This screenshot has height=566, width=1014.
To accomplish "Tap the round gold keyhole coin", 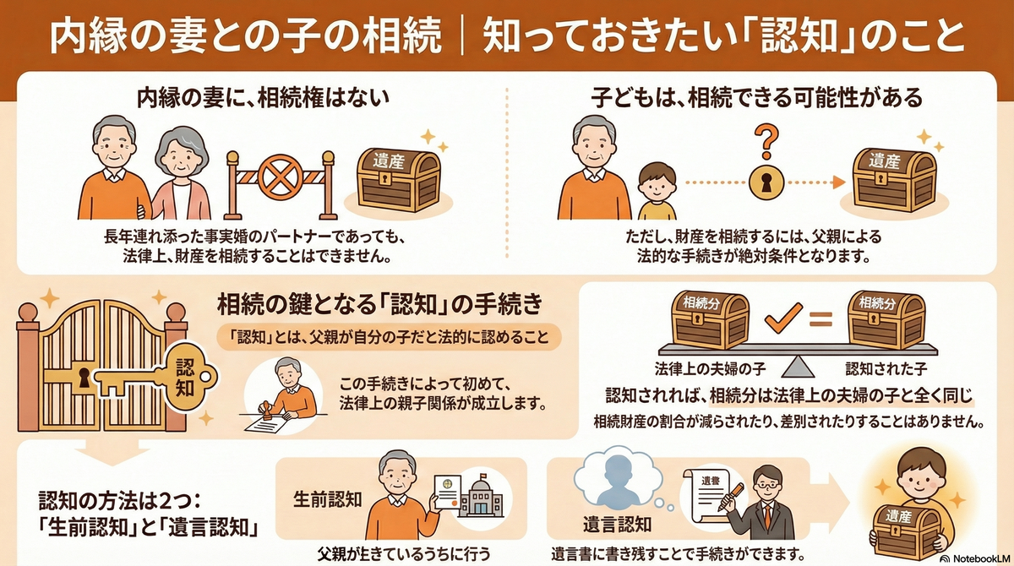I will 765,182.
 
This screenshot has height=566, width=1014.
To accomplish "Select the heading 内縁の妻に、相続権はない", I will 263,99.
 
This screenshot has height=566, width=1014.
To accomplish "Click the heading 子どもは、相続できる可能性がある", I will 756,99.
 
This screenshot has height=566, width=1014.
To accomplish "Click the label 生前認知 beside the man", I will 327,498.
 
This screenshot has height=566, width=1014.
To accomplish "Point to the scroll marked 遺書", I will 711,494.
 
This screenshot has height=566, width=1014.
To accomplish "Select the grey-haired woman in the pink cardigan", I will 180,173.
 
